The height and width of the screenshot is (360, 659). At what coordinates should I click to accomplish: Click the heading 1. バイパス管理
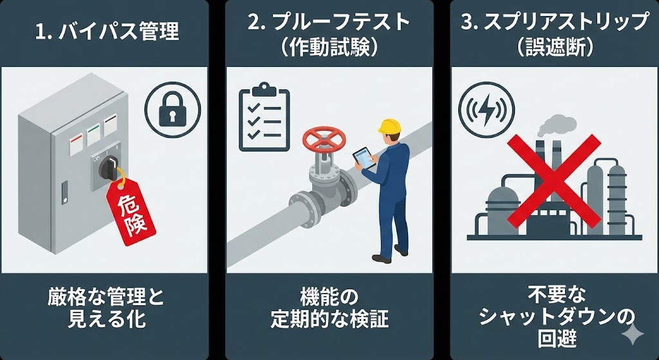(x=107, y=32)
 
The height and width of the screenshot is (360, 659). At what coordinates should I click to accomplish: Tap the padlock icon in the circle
(x=172, y=110)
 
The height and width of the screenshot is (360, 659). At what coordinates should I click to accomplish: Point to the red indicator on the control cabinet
(x=76, y=144)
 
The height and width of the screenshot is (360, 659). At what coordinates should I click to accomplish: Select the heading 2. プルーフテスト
(x=329, y=23)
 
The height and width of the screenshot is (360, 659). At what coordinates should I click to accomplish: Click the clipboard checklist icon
(x=264, y=117)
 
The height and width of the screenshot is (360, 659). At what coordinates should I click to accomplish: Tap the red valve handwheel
(x=324, y=140)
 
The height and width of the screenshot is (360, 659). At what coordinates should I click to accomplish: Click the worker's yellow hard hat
(x=389, y=126)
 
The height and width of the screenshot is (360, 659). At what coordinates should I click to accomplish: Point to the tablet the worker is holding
(x=364, y=158)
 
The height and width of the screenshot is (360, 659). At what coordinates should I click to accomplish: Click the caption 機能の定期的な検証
(x=329, y=308)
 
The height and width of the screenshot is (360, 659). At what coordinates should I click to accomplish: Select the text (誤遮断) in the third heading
(x=554, y=48)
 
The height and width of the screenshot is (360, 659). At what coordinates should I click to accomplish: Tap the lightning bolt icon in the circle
(x=487, y=109)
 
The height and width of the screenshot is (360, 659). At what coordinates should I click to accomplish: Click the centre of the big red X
(x=554, y=181)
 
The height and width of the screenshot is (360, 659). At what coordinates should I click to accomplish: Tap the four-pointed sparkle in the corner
(x=633, y=335)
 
